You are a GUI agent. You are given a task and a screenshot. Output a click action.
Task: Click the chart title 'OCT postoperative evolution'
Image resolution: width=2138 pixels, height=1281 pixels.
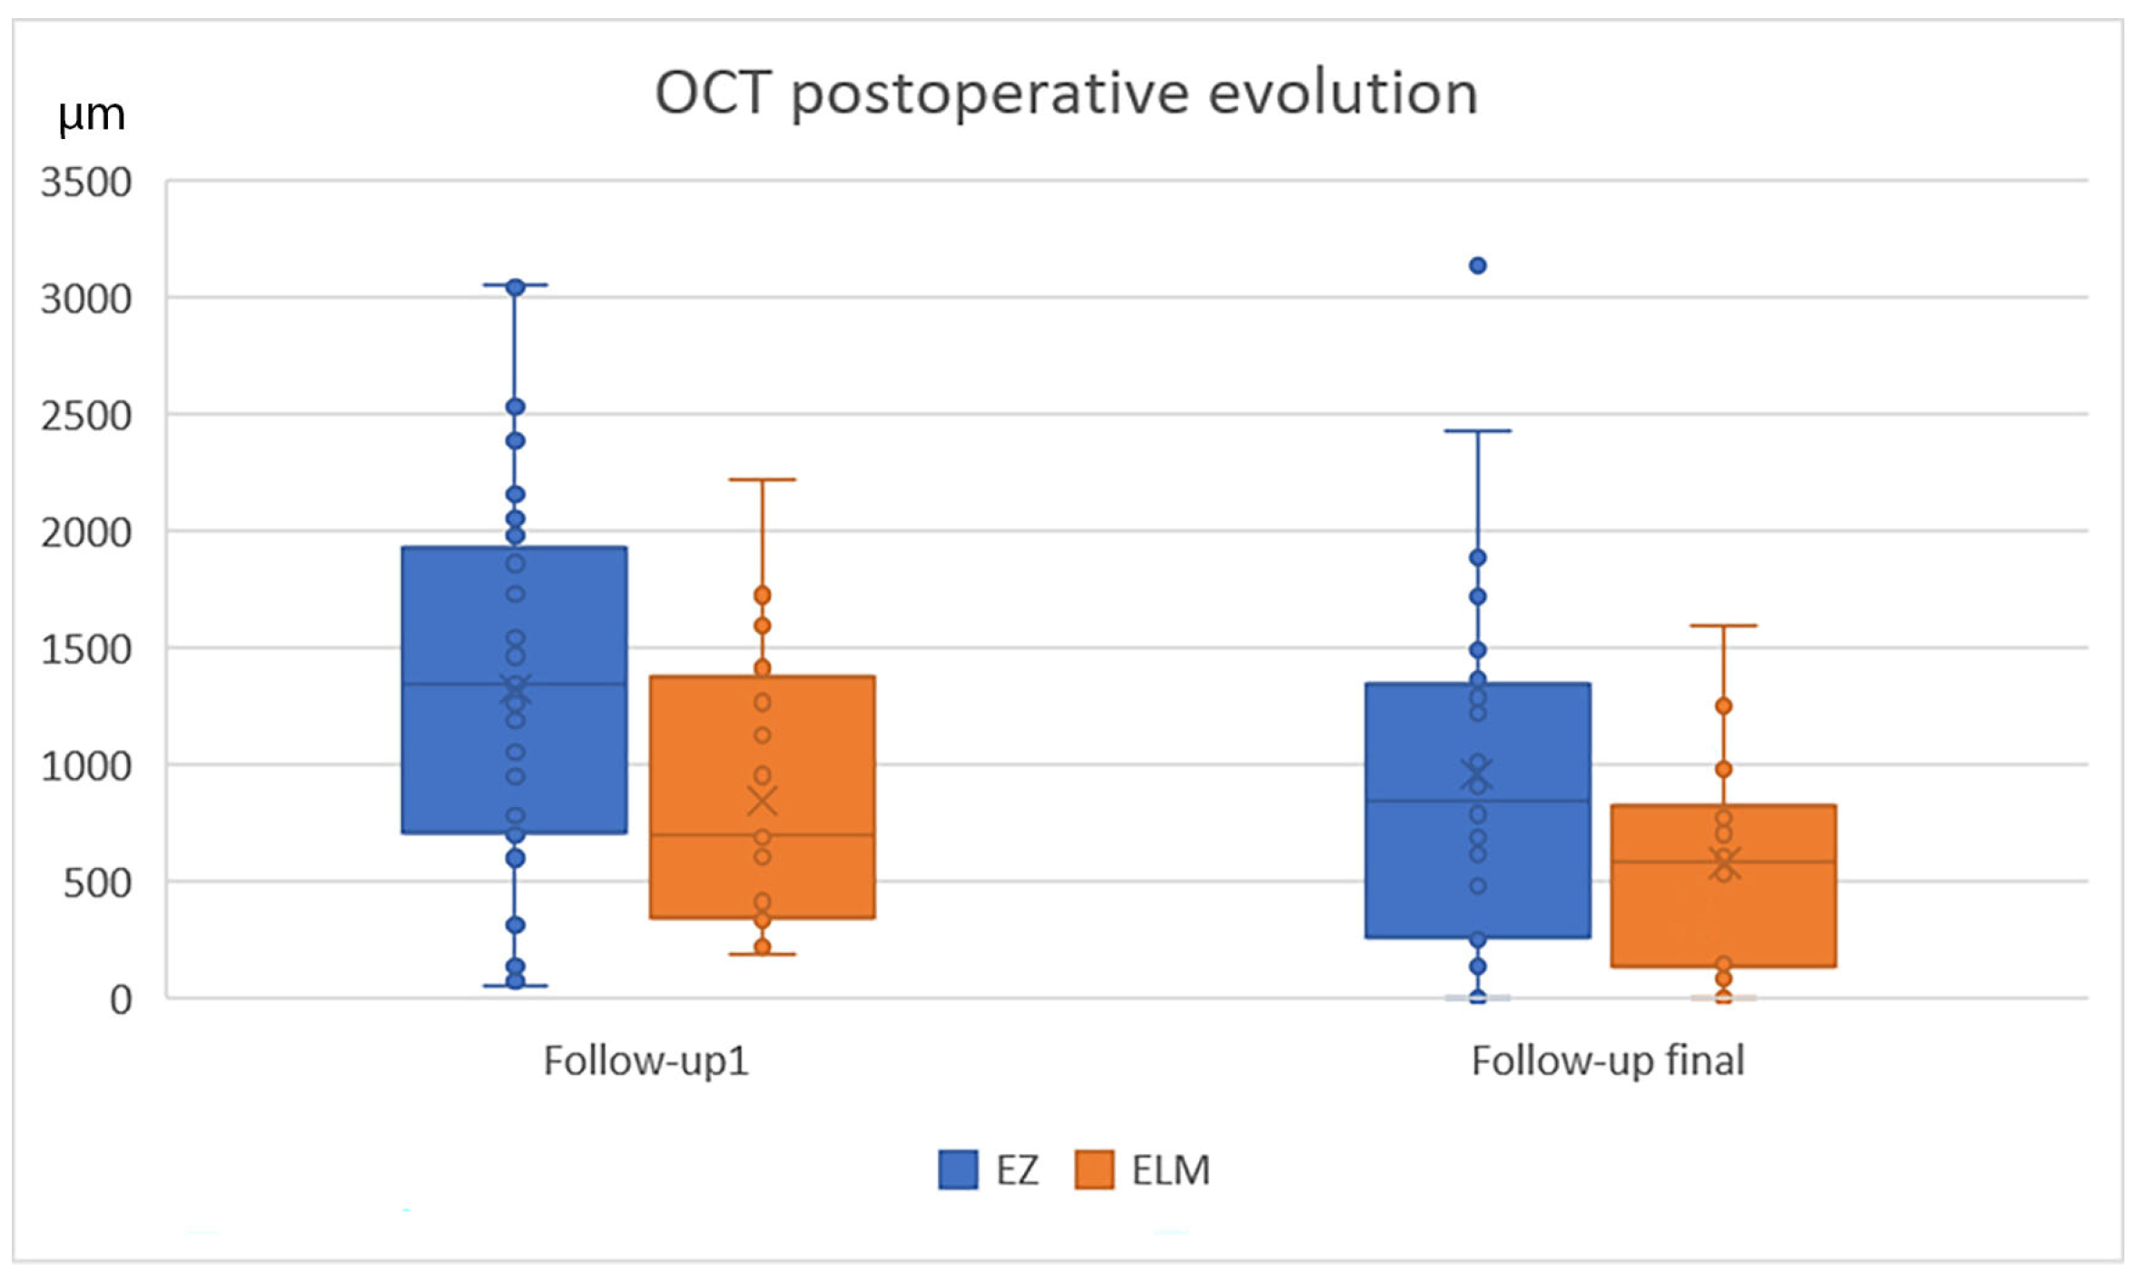tap(1067, 94)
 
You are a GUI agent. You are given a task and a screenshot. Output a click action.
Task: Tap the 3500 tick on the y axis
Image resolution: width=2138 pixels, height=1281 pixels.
tap(86, 182)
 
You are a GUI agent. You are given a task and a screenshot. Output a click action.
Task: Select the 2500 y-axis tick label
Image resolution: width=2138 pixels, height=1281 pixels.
tap(86, 416)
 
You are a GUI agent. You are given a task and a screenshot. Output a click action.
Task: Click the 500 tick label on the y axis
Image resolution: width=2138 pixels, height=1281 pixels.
tap(98, 882)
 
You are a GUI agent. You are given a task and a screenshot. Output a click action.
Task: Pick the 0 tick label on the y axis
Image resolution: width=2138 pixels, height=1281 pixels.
tap(122, 1000)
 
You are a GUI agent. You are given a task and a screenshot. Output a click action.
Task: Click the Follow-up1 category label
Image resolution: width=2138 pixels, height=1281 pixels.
tap(646, 1060)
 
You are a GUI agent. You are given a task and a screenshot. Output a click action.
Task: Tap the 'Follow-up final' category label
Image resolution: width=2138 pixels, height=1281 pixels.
tap(1608, 1060)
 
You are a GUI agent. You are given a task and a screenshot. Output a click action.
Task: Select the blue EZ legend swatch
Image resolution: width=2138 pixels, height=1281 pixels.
tap(958, 1169)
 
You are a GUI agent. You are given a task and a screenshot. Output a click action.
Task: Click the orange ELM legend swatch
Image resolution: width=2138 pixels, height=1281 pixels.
tap(1094, 1169)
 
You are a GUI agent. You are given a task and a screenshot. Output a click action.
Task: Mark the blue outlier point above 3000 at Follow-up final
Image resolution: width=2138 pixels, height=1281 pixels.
tap(1478, 266)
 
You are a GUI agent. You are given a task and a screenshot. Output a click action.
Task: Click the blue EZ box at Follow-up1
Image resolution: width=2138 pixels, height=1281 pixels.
tap(515, 690)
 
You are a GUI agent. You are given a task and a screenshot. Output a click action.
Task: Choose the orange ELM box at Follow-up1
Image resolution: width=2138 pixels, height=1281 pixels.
tap(763, 797)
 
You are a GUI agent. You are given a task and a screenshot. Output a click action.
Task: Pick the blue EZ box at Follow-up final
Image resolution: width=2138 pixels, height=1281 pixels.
tap(1478, 811)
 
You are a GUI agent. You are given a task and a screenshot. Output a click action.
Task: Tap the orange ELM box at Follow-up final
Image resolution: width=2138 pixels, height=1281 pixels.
tap(1724, 886)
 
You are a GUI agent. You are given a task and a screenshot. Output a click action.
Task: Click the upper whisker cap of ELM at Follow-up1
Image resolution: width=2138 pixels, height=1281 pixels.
tap(763, 479)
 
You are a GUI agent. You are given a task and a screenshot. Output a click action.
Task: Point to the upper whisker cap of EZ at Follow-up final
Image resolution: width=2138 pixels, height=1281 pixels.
tap(1478, 431)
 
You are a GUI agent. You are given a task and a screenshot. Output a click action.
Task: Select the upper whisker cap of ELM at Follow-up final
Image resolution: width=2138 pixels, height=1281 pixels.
tap(1724, 626)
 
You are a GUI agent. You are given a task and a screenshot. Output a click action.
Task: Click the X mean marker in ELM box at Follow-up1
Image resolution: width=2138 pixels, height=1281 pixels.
tap(763, 802)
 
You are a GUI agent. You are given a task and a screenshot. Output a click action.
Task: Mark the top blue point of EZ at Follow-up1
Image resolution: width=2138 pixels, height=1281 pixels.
tap(516, 288)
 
